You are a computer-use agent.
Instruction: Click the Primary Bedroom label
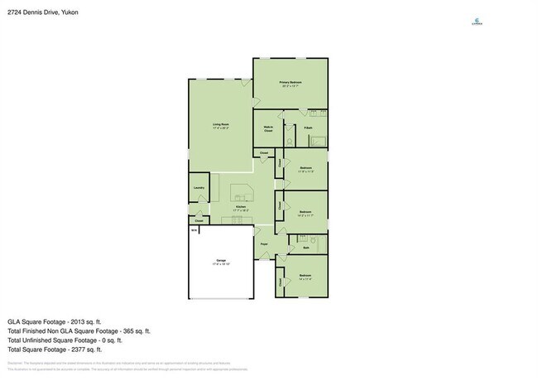(290, 82)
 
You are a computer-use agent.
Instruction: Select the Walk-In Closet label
(268, 129)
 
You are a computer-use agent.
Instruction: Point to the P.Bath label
(307, 128)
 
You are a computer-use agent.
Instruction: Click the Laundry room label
(199, 188)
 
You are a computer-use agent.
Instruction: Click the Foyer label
(265, 244)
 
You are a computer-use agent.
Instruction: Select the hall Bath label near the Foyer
(305, 248)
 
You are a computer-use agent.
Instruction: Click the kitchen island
(243, 192)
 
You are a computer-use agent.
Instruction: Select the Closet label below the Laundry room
(199, 220)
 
